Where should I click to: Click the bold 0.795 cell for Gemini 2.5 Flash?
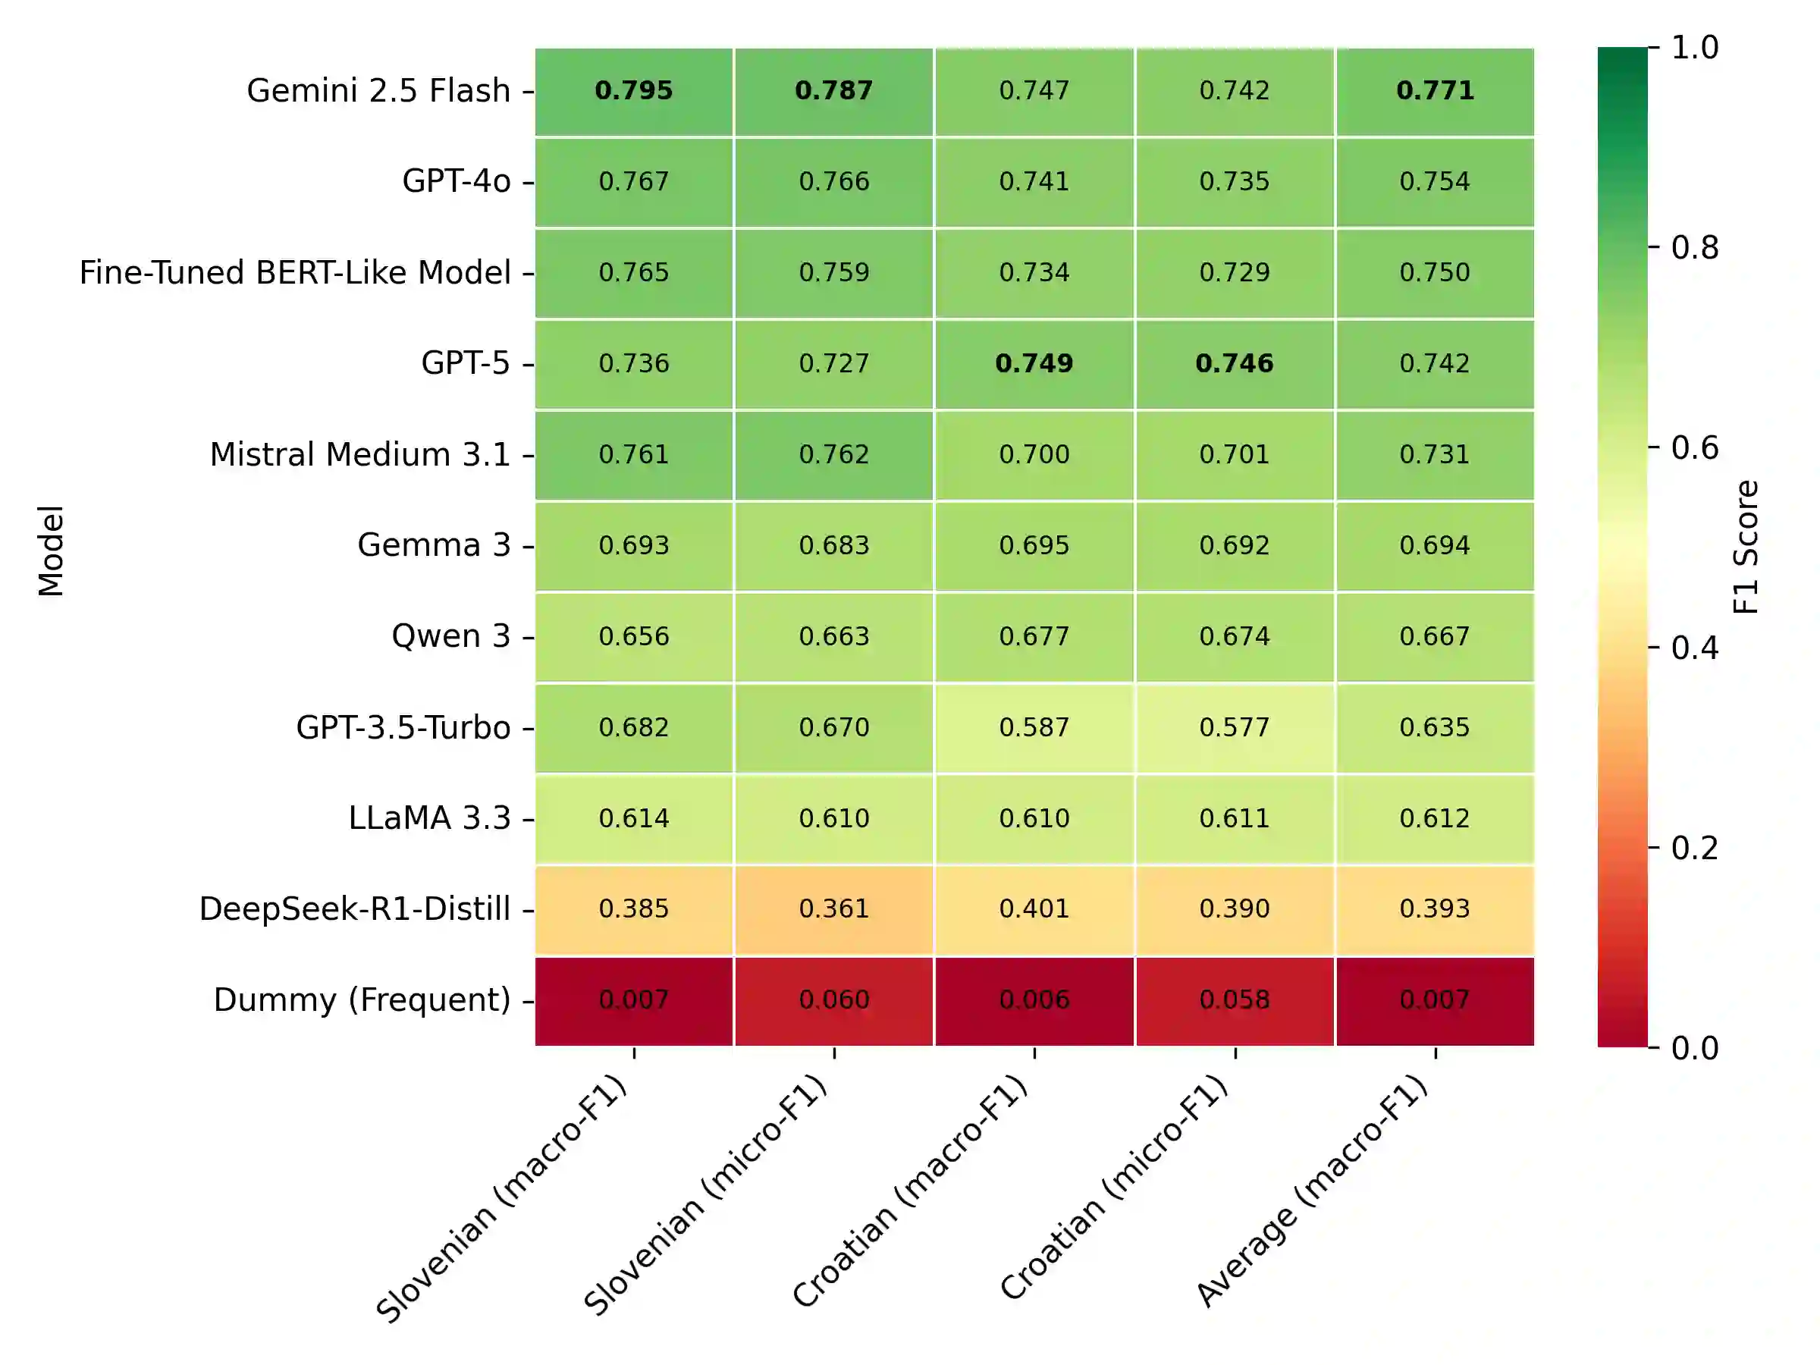coord(633,90)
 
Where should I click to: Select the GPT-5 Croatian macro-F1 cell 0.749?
coord(1034,364)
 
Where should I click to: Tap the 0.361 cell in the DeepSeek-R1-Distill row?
coord(833,909)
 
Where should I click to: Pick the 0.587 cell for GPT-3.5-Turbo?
coord(1034,727)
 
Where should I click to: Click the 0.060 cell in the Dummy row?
coord(833,999)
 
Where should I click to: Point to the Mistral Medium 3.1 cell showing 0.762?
coord(833,454)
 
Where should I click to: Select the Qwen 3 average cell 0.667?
coord(1434,636)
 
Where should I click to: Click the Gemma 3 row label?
coord(434,545)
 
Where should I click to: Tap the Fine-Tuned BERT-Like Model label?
coord(294,273)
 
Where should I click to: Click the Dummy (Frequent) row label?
coord(362,1000)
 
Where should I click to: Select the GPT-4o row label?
coord(456,182)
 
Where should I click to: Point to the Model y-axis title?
coord(51,551)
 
